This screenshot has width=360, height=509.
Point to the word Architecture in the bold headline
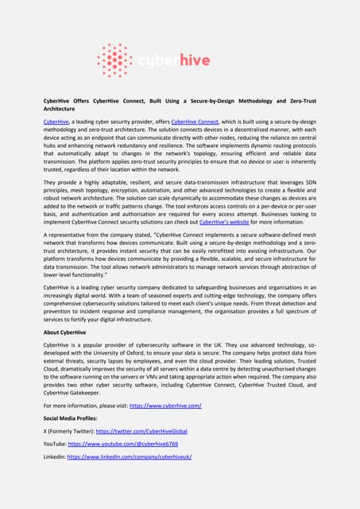coord(64,110)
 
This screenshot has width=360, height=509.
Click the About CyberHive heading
coord(64,354)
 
